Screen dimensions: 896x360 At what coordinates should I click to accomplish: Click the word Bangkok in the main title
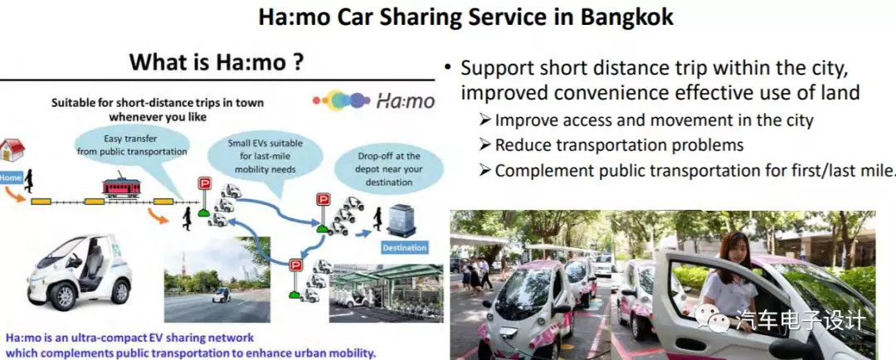pos(627,17)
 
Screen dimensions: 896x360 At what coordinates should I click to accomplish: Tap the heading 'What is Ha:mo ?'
pos(216,61)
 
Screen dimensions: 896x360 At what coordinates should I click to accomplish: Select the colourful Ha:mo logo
pos(373,101)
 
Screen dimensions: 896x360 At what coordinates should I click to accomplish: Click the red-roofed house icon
pos(12,150)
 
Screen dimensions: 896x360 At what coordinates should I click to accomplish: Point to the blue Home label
pos(11,178)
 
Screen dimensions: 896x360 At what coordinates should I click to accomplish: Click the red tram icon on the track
pos(121,186)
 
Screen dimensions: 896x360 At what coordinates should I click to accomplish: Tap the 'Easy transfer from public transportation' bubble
pos(131,146)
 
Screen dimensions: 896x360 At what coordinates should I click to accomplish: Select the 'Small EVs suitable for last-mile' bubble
pos(265,155)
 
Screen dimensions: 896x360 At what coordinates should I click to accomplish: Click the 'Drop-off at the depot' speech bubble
pos(388,168)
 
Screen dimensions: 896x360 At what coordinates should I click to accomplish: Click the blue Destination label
pos(405,248)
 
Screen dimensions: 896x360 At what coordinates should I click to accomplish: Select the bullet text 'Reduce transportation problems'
pos(619,144)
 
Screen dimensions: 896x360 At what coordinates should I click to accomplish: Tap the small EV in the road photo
pos(222,294)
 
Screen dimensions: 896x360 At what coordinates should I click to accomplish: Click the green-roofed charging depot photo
pos(386,293)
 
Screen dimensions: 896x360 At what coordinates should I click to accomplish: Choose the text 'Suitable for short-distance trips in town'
pos(158,104)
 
